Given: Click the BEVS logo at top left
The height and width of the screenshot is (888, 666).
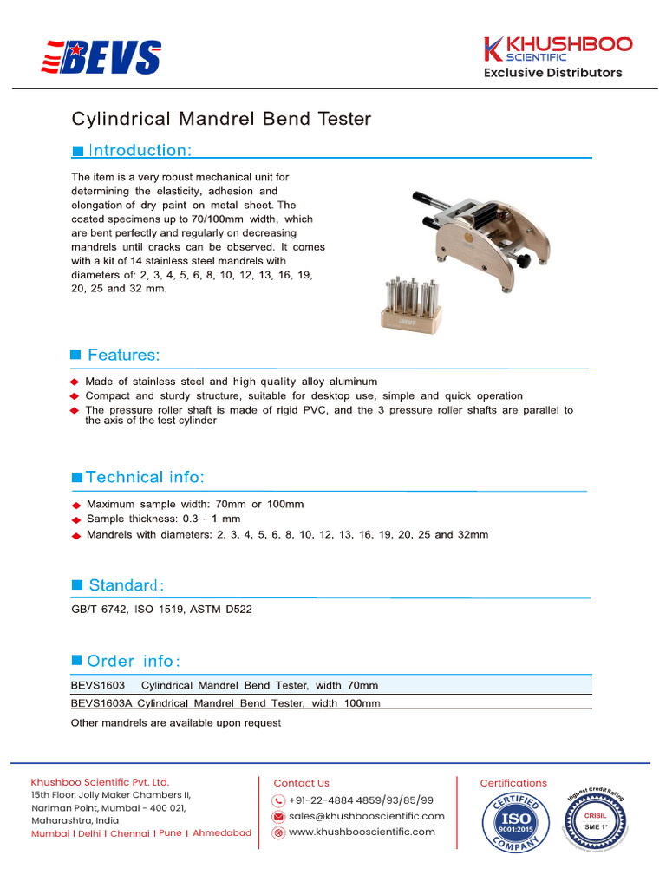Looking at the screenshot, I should point(101,57).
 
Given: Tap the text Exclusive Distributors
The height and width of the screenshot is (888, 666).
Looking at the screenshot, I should point(552,73).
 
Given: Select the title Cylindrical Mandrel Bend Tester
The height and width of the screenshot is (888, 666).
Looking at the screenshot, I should point(220,118).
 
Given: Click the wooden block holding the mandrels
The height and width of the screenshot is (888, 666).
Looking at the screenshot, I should point(412,318).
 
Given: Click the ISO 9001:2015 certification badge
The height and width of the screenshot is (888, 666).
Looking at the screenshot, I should point(514,819).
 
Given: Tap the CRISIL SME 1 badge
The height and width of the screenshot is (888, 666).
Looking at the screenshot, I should point(595,820).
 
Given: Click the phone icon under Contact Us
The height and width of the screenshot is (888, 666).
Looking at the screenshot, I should point(278,800).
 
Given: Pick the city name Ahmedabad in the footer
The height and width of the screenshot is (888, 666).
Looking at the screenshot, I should point(222,833).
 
